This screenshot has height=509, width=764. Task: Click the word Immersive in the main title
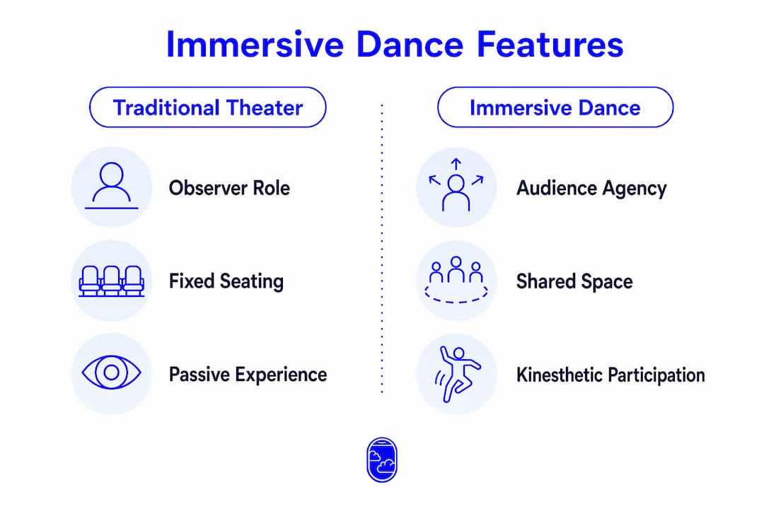point(255,45)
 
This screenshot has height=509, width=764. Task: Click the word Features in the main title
point(550,45)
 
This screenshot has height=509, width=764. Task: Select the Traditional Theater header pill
point(207,107)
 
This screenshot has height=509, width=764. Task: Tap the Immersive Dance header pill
point(555,107)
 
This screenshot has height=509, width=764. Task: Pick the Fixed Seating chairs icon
point(112,281)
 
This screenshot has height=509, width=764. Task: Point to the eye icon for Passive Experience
point(112,373)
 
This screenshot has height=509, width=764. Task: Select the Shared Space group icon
point(456,281)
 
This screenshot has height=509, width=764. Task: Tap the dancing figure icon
point(456,373)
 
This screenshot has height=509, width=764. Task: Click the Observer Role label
point(229,188)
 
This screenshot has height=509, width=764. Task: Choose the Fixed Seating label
point(226,281)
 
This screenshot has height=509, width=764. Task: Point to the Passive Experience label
point(248,375)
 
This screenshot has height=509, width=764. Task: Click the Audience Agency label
point(591,189)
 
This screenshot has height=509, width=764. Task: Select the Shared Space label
point(574,282)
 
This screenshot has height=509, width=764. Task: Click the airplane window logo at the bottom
point(382,460)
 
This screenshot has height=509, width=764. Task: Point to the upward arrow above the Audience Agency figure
point(456,164)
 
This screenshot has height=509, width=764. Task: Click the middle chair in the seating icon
point(112,281)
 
